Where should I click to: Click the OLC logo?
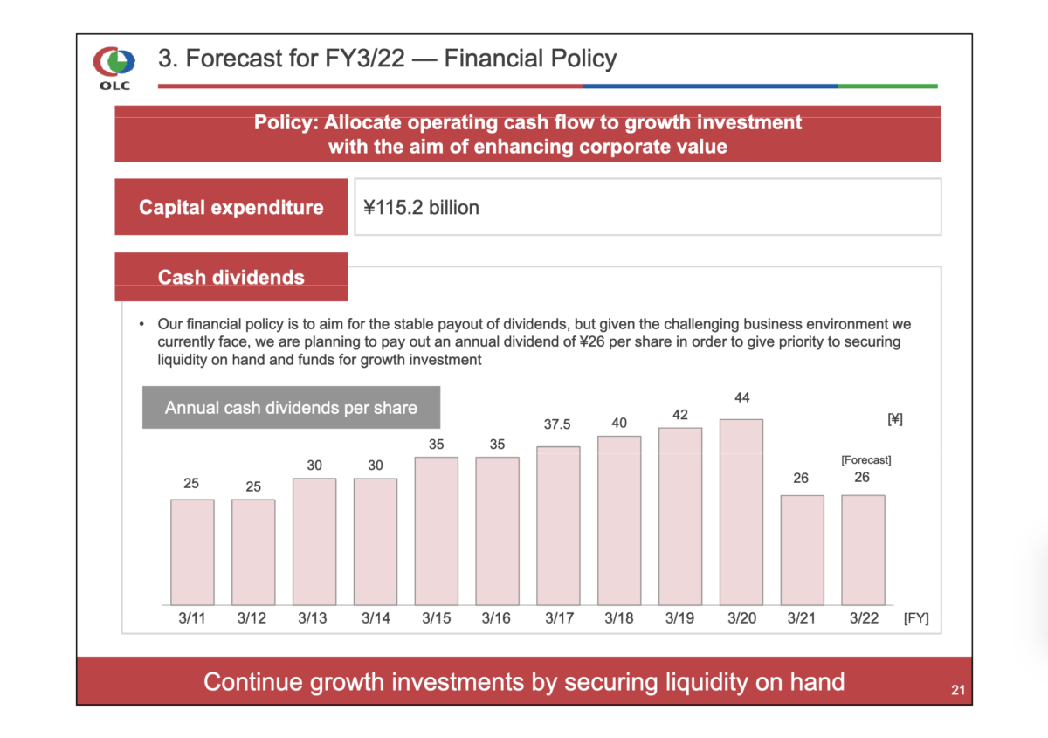[x=114, y=67]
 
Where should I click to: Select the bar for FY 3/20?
[x=741, y=512]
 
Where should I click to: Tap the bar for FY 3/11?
[x=192, y=552]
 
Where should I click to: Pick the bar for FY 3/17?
[x=558, y=526]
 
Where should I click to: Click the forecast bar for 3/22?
[x=862, y=550]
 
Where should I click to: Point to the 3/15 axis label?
[x=436, y=618]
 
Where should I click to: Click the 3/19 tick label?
[x=679, y=618]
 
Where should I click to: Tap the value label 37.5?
[x=557, y=424]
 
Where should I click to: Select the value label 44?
[x=741, y=398]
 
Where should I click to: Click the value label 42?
[x=680, y=415]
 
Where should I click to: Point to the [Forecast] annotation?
[x=865, y=459]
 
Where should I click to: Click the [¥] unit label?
[x=894, y=419]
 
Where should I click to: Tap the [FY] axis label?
[x=916, y=618]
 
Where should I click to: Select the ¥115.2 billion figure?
[x=422, y=207]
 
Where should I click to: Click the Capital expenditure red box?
[x=231, y=207]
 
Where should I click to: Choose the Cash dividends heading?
[x=231, y=277]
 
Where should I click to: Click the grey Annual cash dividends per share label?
[x=291, y=408]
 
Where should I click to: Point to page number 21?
[x=957, y=692]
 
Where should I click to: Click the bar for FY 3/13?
[x=314, y=541]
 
